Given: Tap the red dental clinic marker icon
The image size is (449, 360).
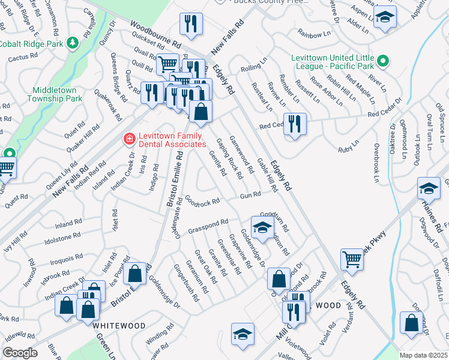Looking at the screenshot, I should click(128, 139).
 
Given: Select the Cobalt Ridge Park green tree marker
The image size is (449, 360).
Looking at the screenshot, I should click(72, 43).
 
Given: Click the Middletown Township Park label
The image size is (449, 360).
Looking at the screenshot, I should click(56, 94).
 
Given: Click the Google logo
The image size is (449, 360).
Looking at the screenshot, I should click(20, 353).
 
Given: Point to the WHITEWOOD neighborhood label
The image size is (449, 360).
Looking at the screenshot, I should click(119, 325).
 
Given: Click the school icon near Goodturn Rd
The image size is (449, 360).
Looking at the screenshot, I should click(262, 226).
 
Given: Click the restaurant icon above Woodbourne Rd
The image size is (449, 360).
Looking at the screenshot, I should click(191, 24).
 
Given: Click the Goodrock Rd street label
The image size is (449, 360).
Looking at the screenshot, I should click(202, 203).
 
